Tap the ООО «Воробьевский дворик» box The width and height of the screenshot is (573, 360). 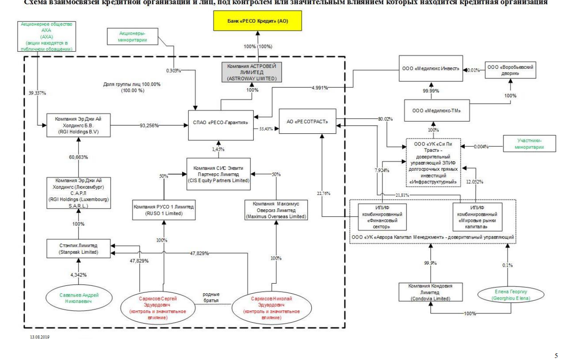pos(510,70)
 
